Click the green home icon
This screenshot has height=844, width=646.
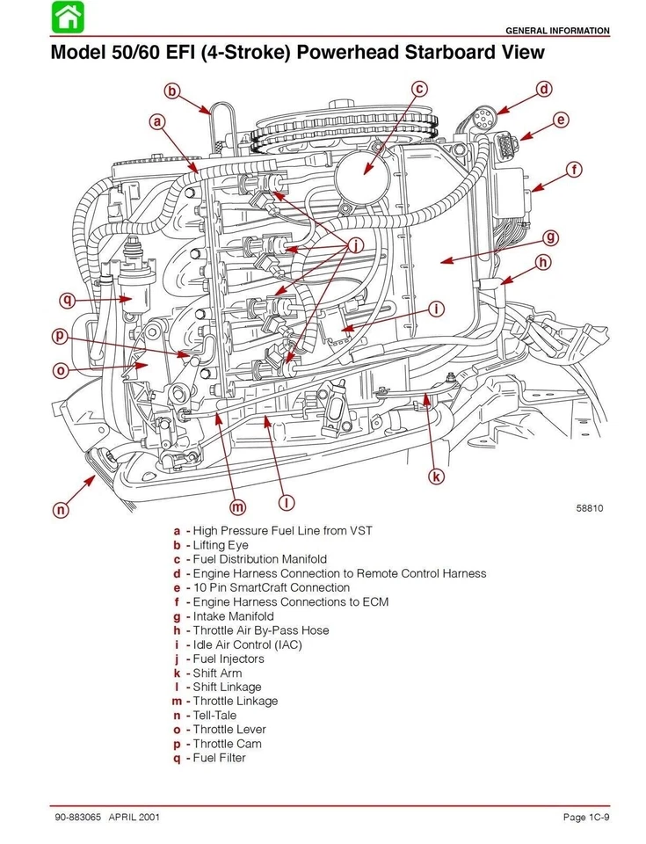click(67, 17)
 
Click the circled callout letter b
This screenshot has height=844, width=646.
click(173, 91)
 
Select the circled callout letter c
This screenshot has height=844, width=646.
click(420, 89)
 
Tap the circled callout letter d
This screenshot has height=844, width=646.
click(544, 89)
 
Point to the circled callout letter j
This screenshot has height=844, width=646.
click(355, 246)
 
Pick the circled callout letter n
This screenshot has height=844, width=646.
click(61, 509)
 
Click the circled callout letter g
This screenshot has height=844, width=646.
click(550, 237)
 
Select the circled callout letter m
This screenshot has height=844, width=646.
click(237, 506)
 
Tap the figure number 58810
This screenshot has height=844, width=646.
click(589, 508)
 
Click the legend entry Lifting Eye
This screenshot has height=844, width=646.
click(221, 545)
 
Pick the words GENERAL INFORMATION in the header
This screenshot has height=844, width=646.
click(557, 31)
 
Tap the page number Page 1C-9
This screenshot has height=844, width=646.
click(586, 818)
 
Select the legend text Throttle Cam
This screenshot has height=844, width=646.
click(227, 744)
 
